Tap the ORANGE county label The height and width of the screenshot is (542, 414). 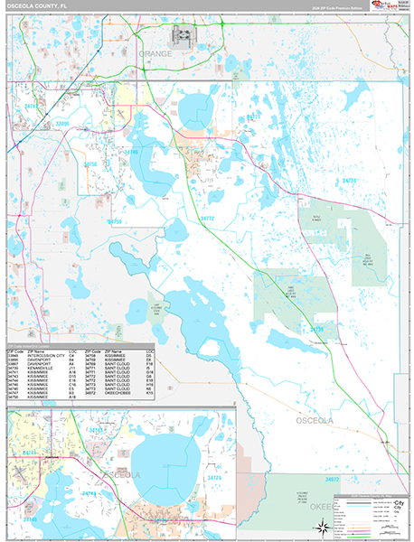tap(153, 54)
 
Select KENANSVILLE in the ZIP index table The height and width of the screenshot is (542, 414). tap(40, 369)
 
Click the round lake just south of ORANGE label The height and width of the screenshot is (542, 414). tap(193, 113)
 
